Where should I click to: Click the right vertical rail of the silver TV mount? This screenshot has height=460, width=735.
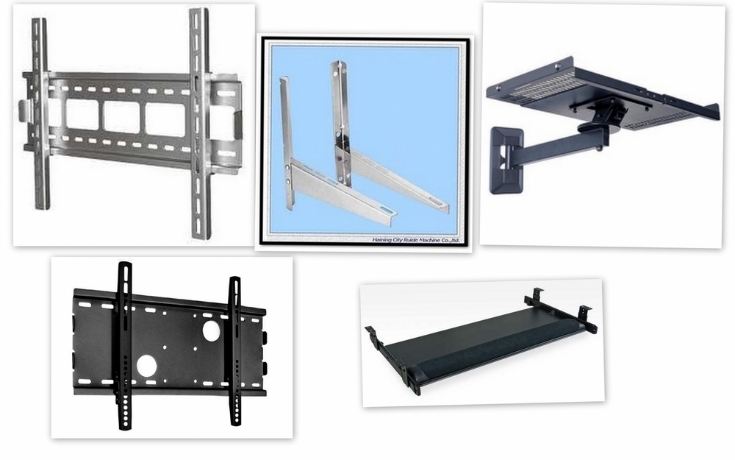[198, 121]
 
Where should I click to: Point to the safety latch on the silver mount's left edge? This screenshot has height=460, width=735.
[23, 110]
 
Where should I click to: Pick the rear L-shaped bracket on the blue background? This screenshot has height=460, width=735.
[367, 147]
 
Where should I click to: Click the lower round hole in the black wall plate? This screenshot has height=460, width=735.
[146, 364]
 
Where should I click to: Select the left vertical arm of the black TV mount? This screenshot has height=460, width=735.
[123, 342]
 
